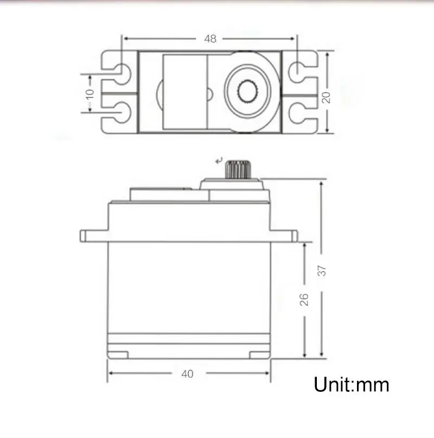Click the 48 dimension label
point(210,39)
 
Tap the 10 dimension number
point(90,93)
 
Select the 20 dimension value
point(326,97)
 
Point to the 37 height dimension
point(322,270)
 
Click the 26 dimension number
point(305,299)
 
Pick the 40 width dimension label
point(188,374)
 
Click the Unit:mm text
point(352,385)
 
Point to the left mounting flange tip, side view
point(84,235)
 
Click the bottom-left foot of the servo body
point(118,355)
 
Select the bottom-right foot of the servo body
point(259,355)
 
